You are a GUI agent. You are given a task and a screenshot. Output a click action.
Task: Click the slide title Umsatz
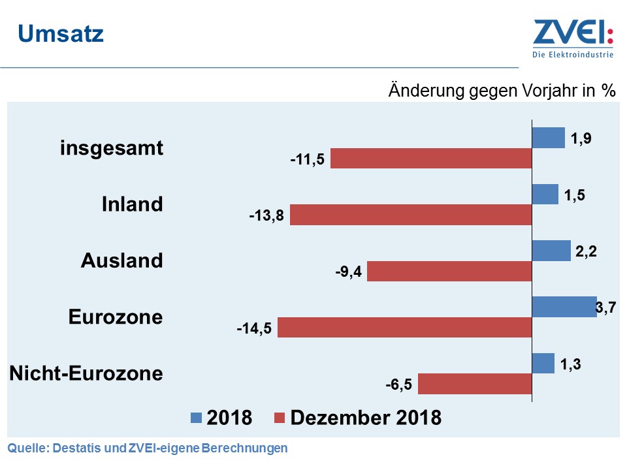tap(60, 34)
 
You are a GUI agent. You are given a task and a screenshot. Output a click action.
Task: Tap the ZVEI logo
tap(573, 33)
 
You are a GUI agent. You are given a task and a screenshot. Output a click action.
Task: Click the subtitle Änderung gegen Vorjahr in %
tap(502, 90)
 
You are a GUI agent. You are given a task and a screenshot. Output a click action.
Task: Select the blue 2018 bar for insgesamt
tap(548, 138)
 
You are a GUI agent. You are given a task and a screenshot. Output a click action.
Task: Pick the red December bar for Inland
tap(411, 215)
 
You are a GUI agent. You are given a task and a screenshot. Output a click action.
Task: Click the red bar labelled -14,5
tap(405, 328)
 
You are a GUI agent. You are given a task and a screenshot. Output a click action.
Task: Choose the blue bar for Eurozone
tap(564, 307)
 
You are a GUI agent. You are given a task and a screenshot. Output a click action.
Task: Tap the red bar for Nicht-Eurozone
tap(475, 384)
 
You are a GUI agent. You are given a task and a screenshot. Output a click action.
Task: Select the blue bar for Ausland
tap(551, 251)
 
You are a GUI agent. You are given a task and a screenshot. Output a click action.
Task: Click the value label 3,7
tap(607, 306)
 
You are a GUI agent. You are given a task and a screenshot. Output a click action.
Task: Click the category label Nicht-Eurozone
tap(86, 373)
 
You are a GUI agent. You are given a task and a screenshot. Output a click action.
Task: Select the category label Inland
tap(132, 204)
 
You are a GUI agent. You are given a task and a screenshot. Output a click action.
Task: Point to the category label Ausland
tap(121, 260)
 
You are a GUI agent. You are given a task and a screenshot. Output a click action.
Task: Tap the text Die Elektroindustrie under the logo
tap(573, 55)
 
